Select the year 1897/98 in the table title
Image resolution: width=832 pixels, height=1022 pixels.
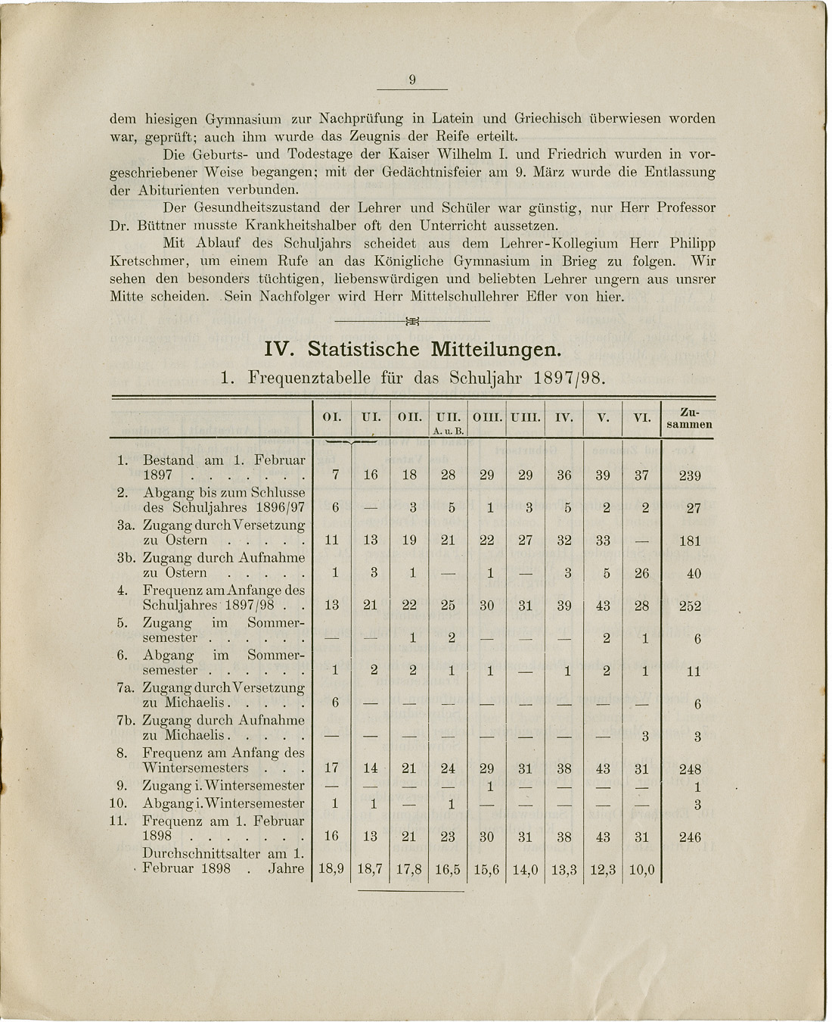(x=566, y=377)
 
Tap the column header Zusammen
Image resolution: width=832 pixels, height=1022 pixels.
(x=689, y=419)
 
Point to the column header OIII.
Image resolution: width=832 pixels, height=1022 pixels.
(x=486, y=417)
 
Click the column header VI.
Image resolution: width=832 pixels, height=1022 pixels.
(x=642, y=417)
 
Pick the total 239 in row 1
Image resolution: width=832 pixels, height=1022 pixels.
(x=690, y=476)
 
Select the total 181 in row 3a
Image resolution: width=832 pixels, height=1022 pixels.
(x=690, y=541)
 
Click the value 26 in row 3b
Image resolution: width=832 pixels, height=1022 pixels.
(x=641, y=574)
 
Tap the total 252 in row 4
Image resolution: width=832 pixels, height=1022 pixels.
(x=690, y=606)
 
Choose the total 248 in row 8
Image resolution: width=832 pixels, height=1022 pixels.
(x=690, y=769)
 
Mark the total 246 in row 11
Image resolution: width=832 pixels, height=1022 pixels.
(x=690, y=837)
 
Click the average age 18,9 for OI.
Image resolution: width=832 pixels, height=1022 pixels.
(x=331, y=870)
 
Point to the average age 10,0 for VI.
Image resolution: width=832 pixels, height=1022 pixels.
(x=641, y=870)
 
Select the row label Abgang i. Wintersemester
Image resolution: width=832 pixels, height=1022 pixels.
(x=224, y=803)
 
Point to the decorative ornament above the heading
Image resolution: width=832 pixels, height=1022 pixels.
(x=412, y=321)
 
